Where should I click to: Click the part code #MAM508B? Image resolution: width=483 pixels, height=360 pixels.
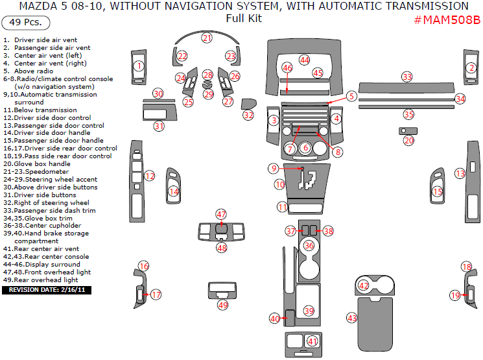tap(447, 19)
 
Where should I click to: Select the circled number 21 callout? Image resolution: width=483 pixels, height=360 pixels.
tap(206, 38)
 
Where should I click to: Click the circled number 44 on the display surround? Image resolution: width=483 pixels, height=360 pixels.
tap(304, 60)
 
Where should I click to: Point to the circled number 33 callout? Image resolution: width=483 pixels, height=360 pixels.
tap(406, 77)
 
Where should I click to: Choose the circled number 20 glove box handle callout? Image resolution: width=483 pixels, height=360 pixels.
tap(408, 140)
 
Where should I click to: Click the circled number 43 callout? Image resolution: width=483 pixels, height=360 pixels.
tap(352, 318)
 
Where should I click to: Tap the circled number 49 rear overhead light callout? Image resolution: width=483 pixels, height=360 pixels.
tap(222, 304)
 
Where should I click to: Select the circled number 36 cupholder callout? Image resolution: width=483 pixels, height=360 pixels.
tap(309, 245)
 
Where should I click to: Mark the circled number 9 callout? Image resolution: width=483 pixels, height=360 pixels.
tap(274, 168)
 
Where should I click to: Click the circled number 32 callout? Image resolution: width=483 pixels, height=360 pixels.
tap(248, 115)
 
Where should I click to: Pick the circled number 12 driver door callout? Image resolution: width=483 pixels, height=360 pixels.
tap(150, 176)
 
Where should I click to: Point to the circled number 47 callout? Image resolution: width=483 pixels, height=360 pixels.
tap(222, 214)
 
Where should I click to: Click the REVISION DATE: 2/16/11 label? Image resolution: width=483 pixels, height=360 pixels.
tap(47, 290)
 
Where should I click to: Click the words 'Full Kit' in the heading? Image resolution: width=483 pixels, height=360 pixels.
tap(244, 18)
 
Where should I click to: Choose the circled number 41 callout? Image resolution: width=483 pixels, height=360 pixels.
tap(312, 341)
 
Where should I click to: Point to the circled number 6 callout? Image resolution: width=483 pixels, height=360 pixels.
tap(305, 148)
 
